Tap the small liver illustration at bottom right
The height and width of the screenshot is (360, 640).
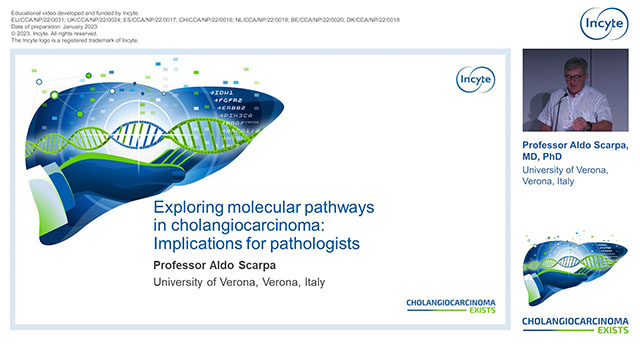(x=577, y=271)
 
